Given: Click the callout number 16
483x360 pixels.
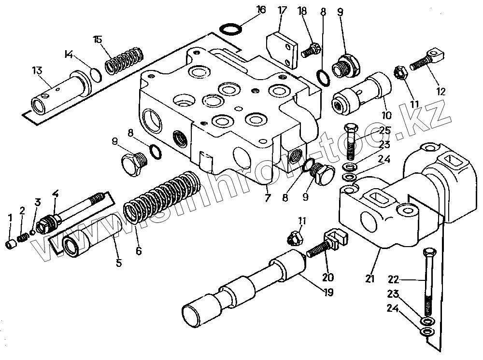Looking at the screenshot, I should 261,9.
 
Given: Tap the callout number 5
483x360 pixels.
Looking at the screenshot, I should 119,263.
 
